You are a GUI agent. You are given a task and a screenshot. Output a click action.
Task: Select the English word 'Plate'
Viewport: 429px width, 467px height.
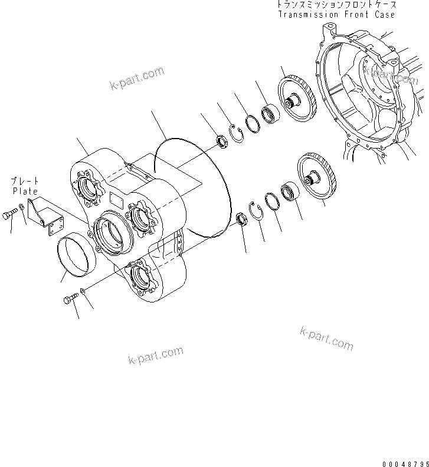[x=24, y=191]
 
